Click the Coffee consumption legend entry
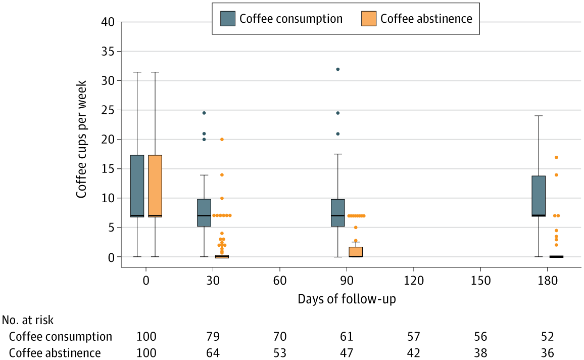pyautogui.click(x=282, y=19)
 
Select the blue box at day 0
pyautogui.click(x=137, y=186)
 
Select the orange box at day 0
pyautogui.click(x=155, y=186)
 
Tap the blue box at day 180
pyautogui.click(x=539, y=196)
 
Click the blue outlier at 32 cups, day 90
pyautogui.click(x=338, y=69)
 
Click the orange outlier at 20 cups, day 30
pyautogui.click(x=222, y=139)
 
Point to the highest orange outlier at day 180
pyautogui.click(x=556, y=157)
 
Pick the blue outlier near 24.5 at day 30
pyautogui.click(x=204, y=113)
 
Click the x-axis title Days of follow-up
pyautogui.click(x=347, y=299)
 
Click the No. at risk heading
pyautogui.click(x=28, y=320)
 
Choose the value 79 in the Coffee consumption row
pyautogui.click(x=213, y=337)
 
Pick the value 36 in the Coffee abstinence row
pyautogui.click(x=547, y=353)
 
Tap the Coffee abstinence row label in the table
pyautogui.click(x=55, y=353)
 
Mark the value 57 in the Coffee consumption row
pyautogui.click(x=413, y=337)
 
